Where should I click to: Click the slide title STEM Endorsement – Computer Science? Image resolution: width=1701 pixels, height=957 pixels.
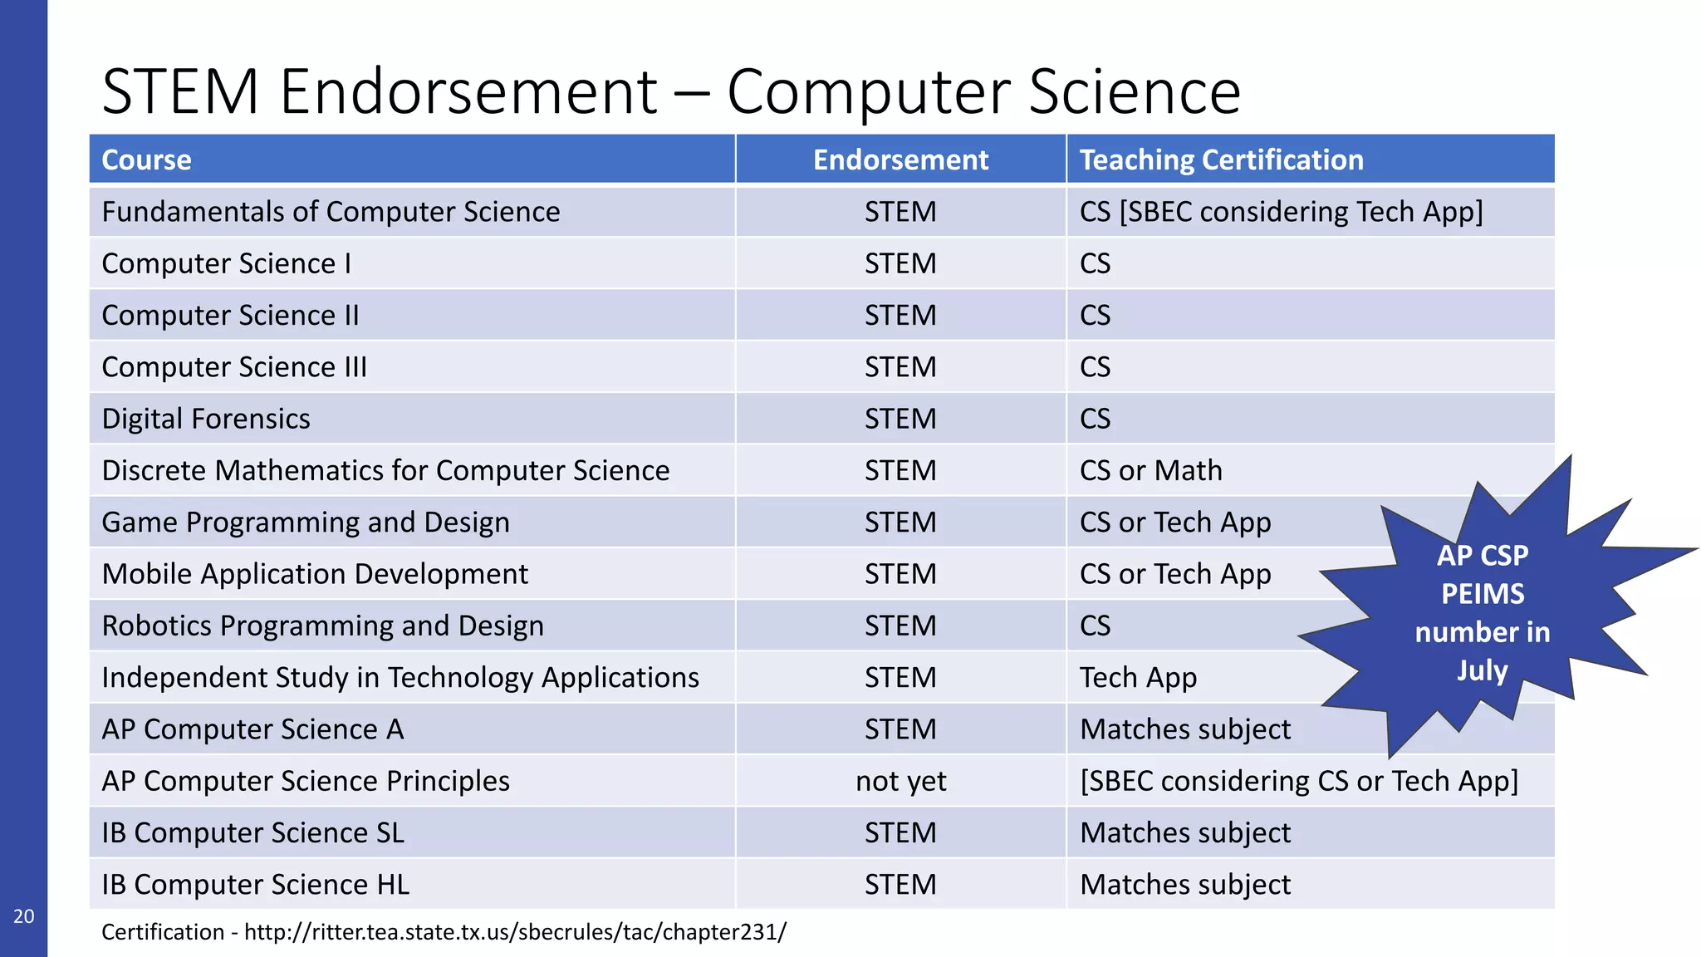670,91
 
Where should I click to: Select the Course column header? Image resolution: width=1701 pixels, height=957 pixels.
146,159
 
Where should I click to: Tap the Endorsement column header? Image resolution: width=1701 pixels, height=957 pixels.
900,159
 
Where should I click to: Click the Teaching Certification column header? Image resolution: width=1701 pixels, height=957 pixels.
1221,159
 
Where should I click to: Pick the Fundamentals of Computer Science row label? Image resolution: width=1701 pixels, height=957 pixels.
331,212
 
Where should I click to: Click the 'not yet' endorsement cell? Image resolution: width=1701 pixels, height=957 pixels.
900,781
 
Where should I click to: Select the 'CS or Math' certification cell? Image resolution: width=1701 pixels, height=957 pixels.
1150,471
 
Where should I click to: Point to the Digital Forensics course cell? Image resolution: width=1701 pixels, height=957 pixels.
206,419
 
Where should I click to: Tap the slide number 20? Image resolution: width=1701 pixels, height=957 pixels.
23,916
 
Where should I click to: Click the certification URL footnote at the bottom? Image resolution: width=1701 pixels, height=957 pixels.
444,932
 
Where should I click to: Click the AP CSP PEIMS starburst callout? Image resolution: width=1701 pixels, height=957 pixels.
1482,613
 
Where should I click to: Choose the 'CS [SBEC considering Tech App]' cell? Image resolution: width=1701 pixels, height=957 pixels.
1281,212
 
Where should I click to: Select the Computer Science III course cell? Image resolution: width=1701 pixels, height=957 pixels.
234,367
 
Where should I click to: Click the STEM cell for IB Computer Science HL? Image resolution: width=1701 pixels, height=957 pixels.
900,885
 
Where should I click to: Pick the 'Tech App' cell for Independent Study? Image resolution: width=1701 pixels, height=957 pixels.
1138,678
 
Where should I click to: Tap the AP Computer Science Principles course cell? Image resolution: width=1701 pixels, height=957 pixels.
306,781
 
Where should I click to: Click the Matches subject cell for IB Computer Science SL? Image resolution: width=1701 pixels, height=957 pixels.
1185,833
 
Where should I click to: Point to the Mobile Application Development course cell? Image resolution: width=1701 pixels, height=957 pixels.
315,574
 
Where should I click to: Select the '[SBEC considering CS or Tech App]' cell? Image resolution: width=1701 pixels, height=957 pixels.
1299,781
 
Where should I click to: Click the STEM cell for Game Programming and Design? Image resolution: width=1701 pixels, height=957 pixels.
900,523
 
